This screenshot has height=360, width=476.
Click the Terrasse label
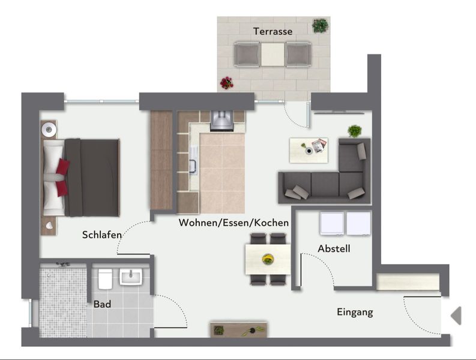tap(273, 31)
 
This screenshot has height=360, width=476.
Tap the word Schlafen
tap(101, 235)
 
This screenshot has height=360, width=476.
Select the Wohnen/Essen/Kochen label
tap(233, 223)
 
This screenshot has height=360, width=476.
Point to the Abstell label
tap(334, 248)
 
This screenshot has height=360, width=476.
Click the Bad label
tap(102, 304)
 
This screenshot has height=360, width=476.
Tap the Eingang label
tap(355, 312)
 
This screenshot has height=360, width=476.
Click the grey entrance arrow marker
tap(456, 316)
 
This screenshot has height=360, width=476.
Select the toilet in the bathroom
tap(105, 278)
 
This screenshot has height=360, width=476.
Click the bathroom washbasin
tap(131, 277)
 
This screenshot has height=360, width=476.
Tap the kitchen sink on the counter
tap(193, 160)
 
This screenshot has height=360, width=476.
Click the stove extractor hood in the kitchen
tap(222, 121)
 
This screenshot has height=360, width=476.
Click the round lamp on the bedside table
tap(49, 130)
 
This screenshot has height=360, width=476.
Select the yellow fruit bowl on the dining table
tap(268, 259)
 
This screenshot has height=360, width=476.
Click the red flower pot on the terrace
tap(227, 83)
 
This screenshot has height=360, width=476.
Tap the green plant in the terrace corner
tap(320, 25)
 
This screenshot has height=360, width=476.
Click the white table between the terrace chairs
tap(273, 55)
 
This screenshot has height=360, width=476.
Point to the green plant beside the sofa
tap(355, 131)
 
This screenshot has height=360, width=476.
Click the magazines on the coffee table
tap(319, 145)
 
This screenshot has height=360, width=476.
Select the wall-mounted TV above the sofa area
tap(339, 113)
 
